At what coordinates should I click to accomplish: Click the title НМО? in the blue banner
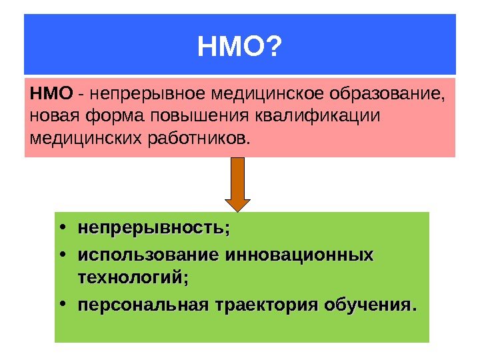pyautogui.click(x=239, y=47)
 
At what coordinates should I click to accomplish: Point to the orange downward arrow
pyautogui.click(x=237, y=183)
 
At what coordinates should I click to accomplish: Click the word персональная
pyautogui.click(x=143, y=306)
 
